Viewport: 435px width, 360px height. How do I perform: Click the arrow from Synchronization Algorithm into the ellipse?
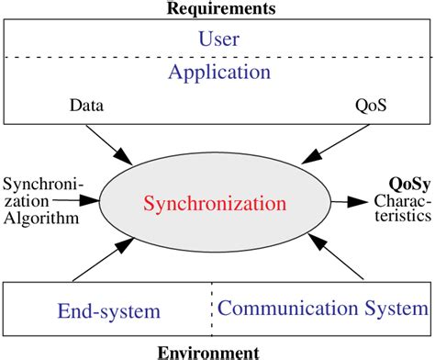click(92, 200)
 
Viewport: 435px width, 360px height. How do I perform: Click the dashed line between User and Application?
click(217, 58)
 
